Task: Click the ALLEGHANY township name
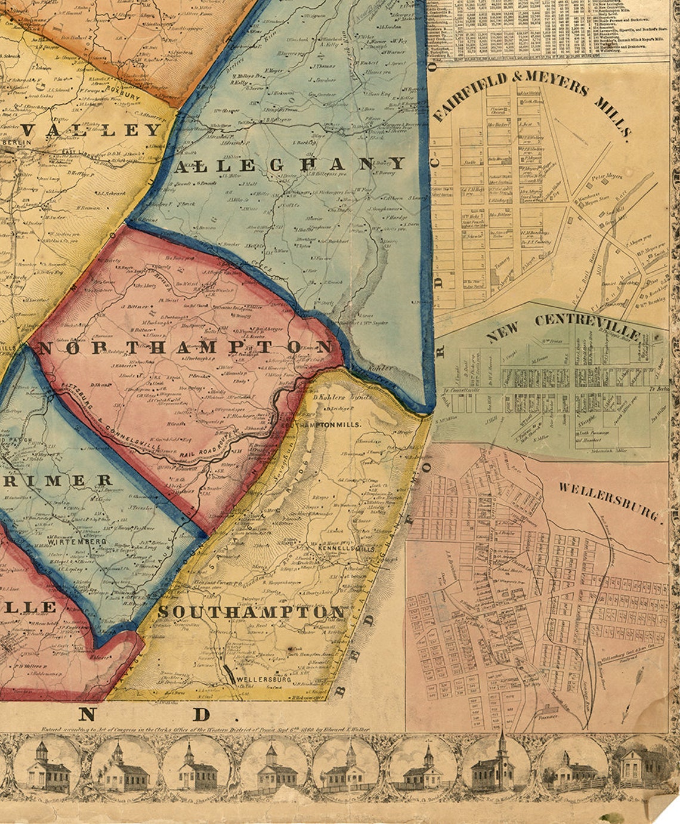(290, 165)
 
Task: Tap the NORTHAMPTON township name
(185, 347)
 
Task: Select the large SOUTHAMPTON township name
(252, 612)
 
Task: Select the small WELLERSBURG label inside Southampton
(263, 679)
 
